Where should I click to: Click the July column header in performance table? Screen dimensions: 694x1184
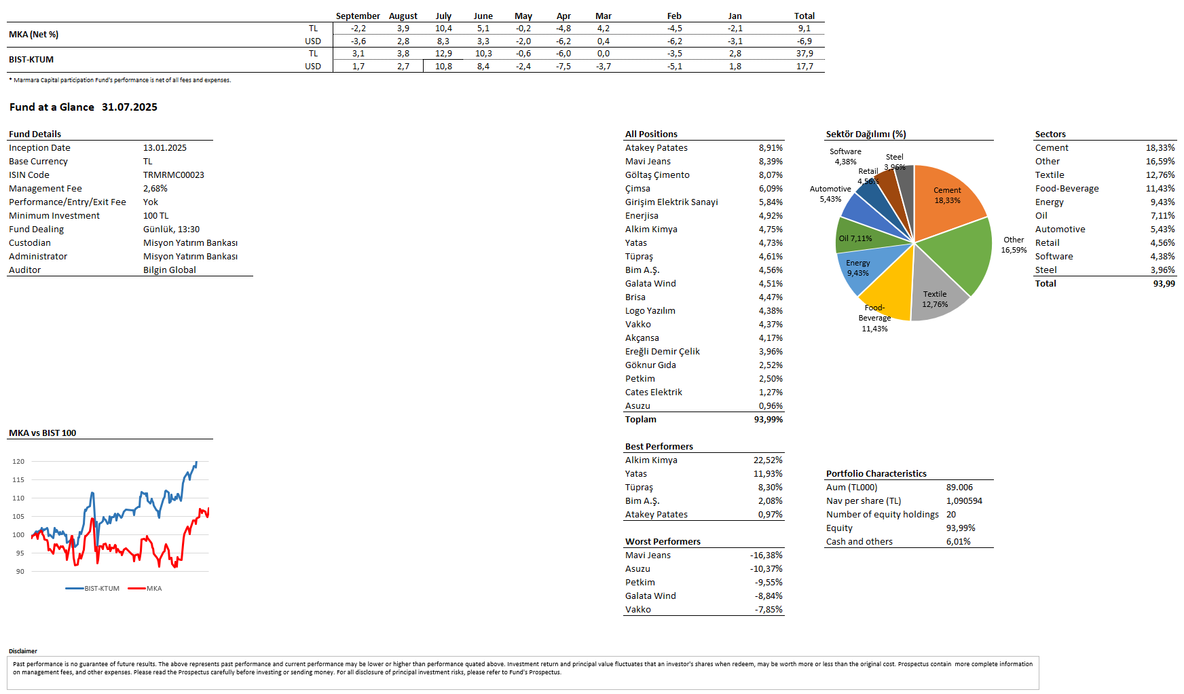[x=443, y=16]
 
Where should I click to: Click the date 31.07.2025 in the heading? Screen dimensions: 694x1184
[x=130, y=107]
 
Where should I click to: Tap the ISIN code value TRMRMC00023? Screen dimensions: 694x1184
[x=173, y=175]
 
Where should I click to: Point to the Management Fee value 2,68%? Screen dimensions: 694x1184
[x=155, y=189]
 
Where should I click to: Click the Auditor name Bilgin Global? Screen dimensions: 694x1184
[x=169, y=270]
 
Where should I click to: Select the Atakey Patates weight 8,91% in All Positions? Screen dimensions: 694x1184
[x=771, y=148]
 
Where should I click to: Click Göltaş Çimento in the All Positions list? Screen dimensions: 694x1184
[x=656, y=175]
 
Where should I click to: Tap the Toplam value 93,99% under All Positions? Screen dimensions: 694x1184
[x=768, y=420]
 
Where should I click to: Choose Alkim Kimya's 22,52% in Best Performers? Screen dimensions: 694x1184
[x=768, y=460]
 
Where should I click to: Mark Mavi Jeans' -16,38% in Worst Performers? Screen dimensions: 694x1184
[x=766, y=555]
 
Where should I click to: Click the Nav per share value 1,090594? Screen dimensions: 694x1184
[x=964, y=501]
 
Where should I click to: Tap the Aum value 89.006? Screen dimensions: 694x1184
[x=959, y=488]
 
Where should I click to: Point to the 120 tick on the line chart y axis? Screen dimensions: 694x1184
[x=18, y=462]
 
